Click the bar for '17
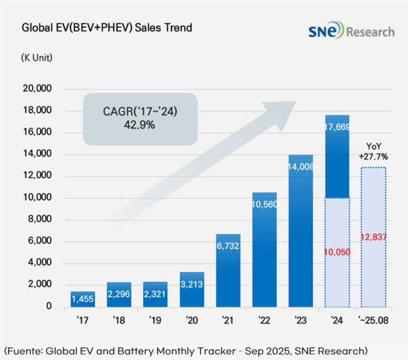[82, 299]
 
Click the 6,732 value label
[227, 246]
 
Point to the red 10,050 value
[336, 252]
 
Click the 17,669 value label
[336, 127]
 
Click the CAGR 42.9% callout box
[140, 119]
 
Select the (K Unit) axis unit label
[36, 57]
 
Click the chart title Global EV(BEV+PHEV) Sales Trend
[107, 28]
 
